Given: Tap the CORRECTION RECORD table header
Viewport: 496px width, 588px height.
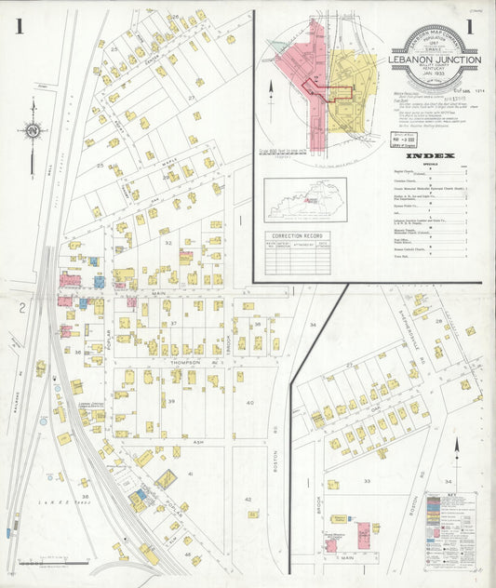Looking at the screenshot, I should [x=298, y=237].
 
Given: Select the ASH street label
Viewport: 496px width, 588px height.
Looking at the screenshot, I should [x=171, y=416].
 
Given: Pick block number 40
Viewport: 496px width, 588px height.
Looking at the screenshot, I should [x=249, y=402].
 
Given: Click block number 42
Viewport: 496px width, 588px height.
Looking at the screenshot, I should [x=249, y=500].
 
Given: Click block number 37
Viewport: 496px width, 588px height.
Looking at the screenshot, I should [x=173, y=323].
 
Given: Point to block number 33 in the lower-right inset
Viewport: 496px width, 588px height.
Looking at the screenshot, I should [x=369, y=481].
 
